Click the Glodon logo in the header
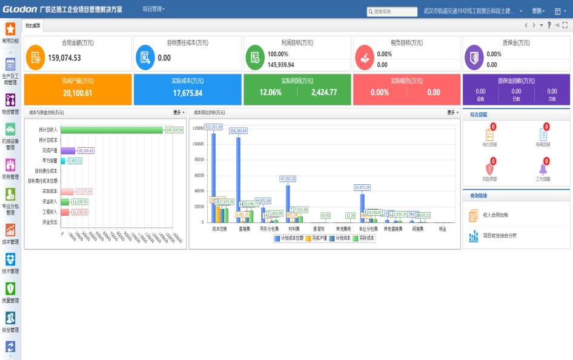click(20, 10)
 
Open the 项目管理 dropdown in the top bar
click(153, 10)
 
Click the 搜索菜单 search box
click(392, 12)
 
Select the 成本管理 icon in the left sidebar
click(10, 230)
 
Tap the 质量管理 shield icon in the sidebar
click(10, 289)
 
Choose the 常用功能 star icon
click(10, 28)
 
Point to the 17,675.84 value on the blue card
click(188, 93)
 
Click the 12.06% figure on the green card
click(270, 93)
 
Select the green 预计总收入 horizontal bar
click(112, 130)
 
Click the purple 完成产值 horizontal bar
click(68, 150)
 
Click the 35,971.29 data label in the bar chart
click(362, 188)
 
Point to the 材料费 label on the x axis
click(293, 229)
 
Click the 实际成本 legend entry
click(363, 239)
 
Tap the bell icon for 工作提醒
click(543, 168)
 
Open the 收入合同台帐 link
click(495, 215)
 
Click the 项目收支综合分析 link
click(500, 235)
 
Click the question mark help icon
click(549, 25)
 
